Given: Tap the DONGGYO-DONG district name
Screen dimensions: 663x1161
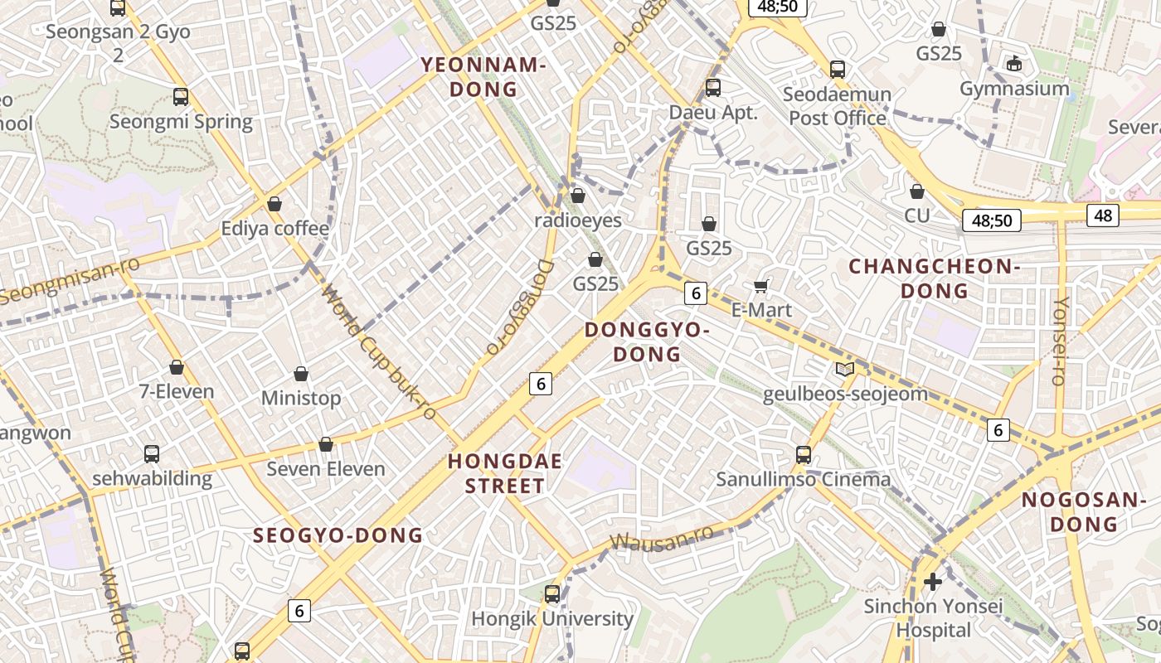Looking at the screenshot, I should (647, 341).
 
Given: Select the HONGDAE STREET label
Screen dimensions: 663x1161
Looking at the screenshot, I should (505, 473).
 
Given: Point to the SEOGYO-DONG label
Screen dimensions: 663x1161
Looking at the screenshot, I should (338, 535).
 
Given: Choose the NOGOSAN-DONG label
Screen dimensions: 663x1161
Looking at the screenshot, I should (1083, 511).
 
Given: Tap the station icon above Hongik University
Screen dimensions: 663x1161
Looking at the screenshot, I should (552, 593).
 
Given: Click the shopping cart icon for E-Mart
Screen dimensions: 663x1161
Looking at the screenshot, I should (761, 287).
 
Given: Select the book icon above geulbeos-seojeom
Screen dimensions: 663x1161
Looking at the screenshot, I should (845, 370).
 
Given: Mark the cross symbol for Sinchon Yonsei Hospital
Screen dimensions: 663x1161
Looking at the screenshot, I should (933, 582).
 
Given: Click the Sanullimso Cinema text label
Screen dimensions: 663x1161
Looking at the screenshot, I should (803, 479).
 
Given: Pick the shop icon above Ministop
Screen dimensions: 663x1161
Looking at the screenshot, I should (301, 375).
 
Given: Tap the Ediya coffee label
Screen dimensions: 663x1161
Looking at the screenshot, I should (275, 228).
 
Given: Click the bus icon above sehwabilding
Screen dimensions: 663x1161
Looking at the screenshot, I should (152, 454).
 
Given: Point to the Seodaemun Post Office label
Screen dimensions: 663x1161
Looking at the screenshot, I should (838, 106).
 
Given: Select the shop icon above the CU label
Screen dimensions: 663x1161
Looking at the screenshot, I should (917, 192).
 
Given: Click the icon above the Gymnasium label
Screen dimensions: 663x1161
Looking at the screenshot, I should (1013, 64).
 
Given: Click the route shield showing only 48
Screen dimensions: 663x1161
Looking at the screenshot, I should (1103, 215).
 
